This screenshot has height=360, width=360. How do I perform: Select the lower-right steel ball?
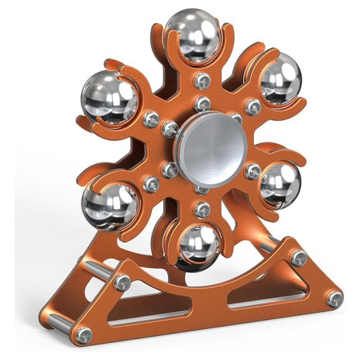(x=279, y=185)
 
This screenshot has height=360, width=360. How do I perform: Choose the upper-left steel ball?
(x=108, y=98)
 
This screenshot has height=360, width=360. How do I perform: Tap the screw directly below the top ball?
(x=204, y=81)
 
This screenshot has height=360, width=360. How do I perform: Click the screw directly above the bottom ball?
(x=203, y=210)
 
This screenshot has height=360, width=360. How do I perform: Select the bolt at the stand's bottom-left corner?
(x=84, y=335)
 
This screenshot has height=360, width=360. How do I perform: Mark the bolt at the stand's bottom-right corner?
(x=334, y=298)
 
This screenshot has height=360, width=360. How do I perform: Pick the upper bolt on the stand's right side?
(x=299, y=257)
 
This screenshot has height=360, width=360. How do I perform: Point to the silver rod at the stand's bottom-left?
(x=61, y=325)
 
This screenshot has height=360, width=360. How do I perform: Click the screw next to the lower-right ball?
(x=252, y=171)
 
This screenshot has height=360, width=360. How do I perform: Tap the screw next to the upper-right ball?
(x=252, y=108)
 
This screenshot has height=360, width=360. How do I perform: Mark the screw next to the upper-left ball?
(x=150, y=119)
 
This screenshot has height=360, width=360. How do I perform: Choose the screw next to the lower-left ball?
(x=152, y=183)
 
